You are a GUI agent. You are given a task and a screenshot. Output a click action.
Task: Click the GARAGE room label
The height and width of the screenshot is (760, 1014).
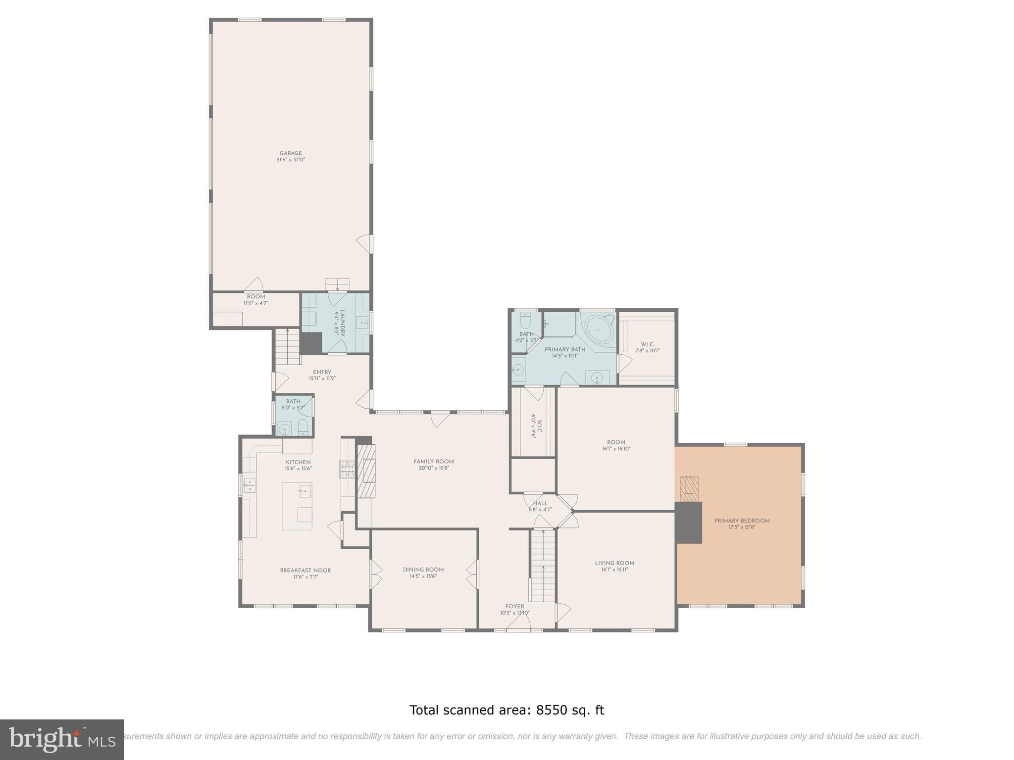[291, 153]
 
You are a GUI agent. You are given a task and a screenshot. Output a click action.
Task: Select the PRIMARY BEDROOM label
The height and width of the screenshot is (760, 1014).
[742, 521]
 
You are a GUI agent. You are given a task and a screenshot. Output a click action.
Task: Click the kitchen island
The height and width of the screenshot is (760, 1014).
[297, 506]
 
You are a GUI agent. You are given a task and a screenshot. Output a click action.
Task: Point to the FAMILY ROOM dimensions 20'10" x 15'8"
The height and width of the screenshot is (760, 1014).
[434, 468]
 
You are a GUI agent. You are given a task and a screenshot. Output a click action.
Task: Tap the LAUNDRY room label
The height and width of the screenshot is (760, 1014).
[342, 323]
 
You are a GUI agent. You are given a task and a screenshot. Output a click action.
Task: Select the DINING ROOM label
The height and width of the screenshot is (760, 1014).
[423, 570]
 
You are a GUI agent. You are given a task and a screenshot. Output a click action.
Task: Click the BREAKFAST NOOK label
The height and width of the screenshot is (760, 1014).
[305, 570]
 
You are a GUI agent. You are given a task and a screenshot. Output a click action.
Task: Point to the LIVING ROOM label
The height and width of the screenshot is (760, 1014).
[614, 563]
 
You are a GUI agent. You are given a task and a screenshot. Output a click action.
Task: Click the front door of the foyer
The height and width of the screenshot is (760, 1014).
[518, 628]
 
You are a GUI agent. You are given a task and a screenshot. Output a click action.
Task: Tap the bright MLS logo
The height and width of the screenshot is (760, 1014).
[61, 739]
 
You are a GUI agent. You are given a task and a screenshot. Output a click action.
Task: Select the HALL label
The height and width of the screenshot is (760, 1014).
[540, 503]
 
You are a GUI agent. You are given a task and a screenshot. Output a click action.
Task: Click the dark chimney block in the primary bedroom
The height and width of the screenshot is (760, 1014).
[689, 522]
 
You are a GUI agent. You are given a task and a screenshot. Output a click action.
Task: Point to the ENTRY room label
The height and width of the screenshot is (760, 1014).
[322, 372]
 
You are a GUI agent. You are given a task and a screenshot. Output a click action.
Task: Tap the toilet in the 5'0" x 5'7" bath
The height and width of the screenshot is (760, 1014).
[303, 427]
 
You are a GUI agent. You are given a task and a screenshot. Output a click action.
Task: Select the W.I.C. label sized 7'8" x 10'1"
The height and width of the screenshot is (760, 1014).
[647, 344]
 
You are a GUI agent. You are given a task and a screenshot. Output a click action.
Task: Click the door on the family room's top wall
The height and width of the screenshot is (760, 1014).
[440, 419]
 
